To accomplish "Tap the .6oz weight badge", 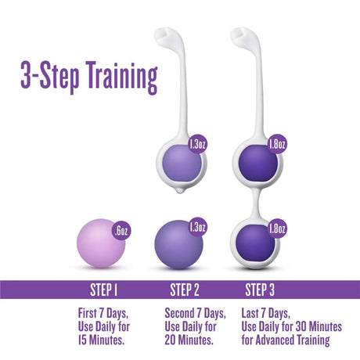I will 120,231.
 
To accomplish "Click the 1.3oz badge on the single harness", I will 198,143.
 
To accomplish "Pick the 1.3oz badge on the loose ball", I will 197,228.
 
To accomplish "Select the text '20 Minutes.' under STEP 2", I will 186,340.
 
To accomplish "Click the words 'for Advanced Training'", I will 285,340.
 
